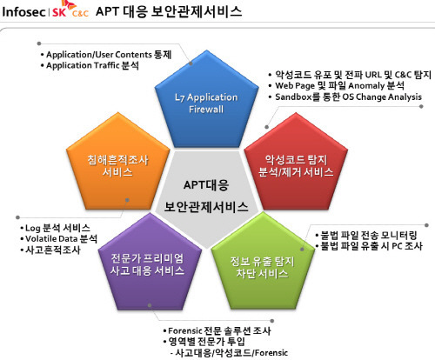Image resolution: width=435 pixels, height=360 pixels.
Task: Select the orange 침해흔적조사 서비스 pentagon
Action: (118, 163)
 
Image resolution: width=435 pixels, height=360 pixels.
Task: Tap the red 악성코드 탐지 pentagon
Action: (296, 163)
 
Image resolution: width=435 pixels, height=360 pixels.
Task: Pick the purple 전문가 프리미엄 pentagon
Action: (150, 263)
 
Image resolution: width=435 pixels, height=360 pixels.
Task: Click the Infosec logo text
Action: (23, 12)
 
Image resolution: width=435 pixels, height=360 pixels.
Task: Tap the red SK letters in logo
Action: (59, 12)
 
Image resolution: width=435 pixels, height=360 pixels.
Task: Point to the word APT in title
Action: (107, 11)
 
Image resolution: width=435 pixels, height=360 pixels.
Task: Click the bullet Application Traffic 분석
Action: (90, 65)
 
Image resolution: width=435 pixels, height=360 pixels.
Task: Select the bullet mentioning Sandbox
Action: (345, 97)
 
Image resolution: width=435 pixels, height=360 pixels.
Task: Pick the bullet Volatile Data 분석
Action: (59, 239)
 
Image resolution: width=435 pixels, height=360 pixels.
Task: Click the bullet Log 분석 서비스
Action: (55, 228)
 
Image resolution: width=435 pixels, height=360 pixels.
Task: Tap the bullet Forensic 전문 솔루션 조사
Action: (217, 330)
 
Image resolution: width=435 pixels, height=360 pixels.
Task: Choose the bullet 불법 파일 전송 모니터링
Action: (366, 235)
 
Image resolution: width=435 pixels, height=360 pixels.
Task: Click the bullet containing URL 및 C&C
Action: (350, 75)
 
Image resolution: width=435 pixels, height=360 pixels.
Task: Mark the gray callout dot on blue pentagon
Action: (191, 63)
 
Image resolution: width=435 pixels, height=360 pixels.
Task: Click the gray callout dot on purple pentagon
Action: (150, 305)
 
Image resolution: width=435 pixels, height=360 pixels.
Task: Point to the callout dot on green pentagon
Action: (302, 249)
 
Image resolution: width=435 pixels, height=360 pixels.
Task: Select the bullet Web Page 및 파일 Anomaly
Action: (336, 86)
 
